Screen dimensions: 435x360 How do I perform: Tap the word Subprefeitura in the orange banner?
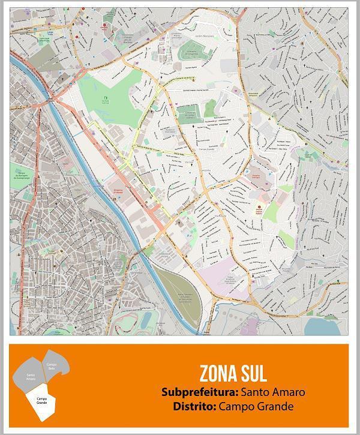200,392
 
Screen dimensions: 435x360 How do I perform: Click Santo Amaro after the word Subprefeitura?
273,392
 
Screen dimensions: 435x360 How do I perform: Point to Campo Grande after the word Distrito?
257,406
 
